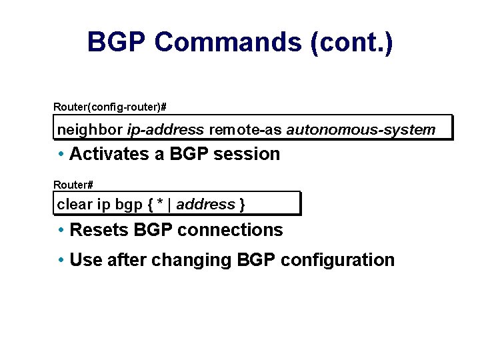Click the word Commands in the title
click(x=228, y=42)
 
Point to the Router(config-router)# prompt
click(x=110, y=107)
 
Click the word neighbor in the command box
click(x=90, y=129)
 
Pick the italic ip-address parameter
click(x=165, y=129)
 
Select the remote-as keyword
click(x=246, y=129)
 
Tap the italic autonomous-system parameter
click(x=361, y=129)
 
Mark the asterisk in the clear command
click(x=160, y=204)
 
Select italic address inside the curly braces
click(x=205, y=205)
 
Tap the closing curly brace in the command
click(x=242, y=205)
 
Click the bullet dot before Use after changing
click(x=61, y=259)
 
